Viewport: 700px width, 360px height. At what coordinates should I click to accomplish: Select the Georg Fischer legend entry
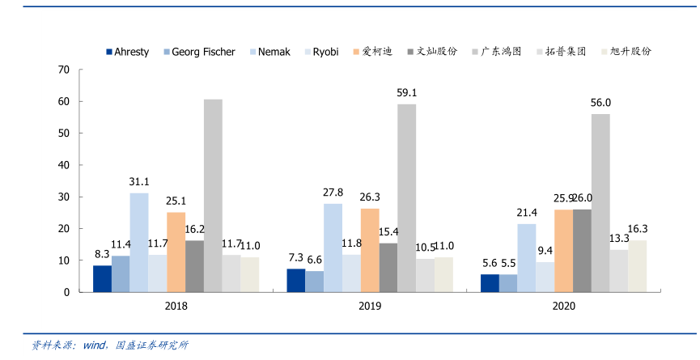click(x=203, y=52)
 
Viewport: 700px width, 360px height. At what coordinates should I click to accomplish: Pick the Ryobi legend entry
click(x=325, y=52)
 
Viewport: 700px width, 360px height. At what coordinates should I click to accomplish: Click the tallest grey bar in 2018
click(x=213, y=195)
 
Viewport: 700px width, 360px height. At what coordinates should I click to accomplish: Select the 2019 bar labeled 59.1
click(x=406, y=197)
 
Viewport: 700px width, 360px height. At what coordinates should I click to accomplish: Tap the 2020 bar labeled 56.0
click(x=600, y=202)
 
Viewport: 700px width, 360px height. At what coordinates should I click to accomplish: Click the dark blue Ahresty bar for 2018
click(x=102, y=278)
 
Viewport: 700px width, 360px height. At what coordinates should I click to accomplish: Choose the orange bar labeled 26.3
click(x=370, y=250)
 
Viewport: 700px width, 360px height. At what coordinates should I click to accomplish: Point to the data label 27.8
click(x=333, y=193)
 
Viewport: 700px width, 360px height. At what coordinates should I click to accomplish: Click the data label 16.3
click(x=637, y=229)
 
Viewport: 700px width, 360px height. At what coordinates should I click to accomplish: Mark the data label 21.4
click(x=527, y=213)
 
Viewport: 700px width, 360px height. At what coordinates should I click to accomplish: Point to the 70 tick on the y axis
click(x=64, y=70)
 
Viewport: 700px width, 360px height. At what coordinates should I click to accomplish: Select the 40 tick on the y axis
click(x=64, y=165)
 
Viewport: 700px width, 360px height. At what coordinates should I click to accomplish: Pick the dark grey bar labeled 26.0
click(x=582, y=251)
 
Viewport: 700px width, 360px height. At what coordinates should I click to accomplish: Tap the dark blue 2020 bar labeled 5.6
click(x=490, y=283)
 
